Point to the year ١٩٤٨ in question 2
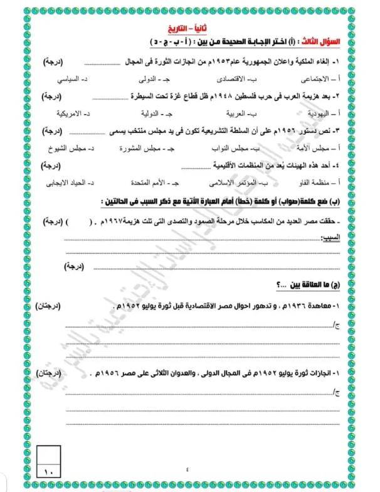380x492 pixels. click(219, 97)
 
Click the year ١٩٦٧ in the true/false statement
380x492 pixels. click(119, 222)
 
